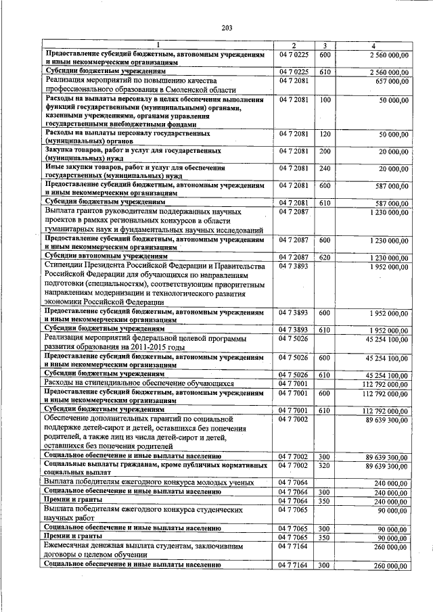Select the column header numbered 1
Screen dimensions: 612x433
pos(158,45)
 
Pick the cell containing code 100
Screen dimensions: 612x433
pos(325,100)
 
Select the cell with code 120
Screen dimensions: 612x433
pos(325,135)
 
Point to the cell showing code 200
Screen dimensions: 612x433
pos(325,151)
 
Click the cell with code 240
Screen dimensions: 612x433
pos(325,168)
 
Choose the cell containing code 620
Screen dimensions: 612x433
pos(325,258)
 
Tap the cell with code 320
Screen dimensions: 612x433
pos(325,466)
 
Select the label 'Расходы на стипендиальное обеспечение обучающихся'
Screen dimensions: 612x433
pos(138,383)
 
